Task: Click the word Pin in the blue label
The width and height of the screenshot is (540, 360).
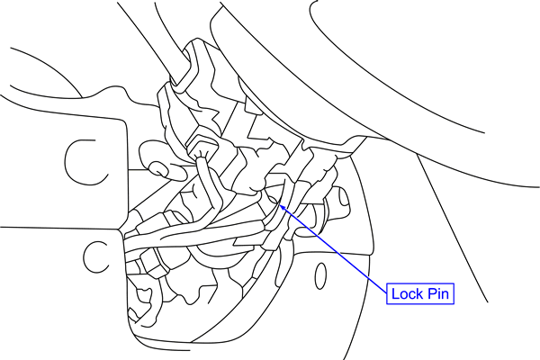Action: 439,294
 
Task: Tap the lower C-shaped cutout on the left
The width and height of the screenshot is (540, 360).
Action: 94,256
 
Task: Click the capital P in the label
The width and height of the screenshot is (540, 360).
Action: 431,294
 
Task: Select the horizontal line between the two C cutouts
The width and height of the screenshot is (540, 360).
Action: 54,226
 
